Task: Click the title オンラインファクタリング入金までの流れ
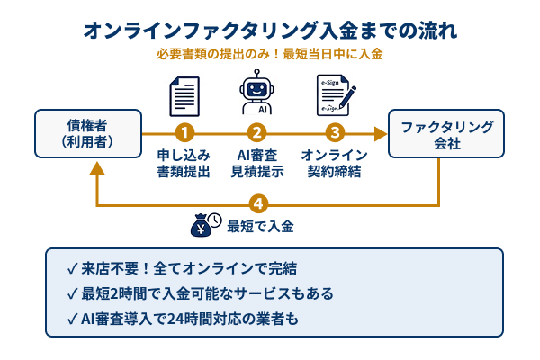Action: click(270, 30)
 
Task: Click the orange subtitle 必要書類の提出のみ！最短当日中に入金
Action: click(270, 54)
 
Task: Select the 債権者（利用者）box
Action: click(88, 133)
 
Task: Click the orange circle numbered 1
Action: click(184, 133)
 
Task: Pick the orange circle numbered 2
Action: click(259, 133)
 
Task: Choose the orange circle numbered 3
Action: click(334, 133)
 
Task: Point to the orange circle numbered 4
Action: click(260, 203)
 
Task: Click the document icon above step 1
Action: click(184, 95)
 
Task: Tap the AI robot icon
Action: click(259, 94)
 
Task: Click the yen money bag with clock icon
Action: click(205, 225)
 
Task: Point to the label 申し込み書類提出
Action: click(184, 163)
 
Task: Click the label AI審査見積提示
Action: click(259, 163)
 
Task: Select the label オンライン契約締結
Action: click(334, 163)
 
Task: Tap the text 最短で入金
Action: click(262, 226)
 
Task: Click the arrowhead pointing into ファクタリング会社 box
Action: click(380, 133)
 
